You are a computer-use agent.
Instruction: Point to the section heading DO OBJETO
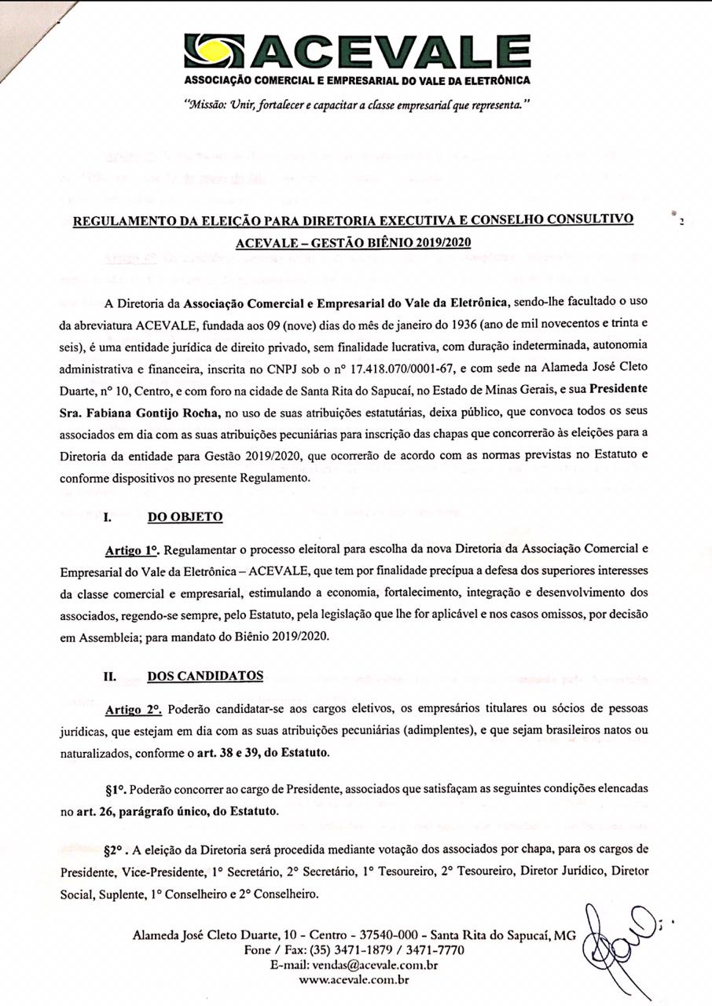(185, 517)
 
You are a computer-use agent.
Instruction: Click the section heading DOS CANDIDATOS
(205, 675)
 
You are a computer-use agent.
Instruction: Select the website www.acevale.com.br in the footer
(354, 979)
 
